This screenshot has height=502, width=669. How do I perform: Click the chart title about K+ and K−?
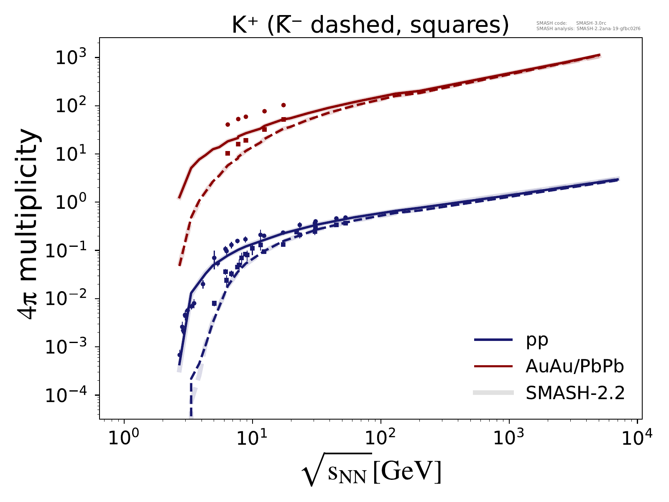(370, 26)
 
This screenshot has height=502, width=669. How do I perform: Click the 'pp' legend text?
(537, 340)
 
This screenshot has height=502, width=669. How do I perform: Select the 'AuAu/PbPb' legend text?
(575, 366)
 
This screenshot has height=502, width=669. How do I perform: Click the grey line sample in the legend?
(493, 392)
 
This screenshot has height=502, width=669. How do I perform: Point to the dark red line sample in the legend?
(493, 366)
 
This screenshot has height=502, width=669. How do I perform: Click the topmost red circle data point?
(283, 105)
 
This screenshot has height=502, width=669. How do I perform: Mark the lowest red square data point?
(227, 153)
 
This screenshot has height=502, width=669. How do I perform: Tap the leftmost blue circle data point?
(179, 355)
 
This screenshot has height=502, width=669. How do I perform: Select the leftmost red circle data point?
(227, 124)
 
